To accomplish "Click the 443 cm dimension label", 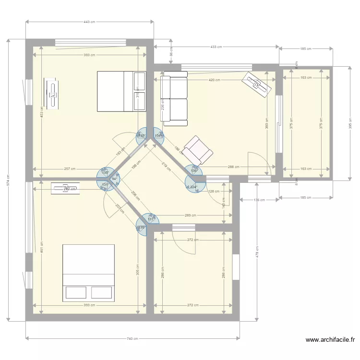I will pos(89,22).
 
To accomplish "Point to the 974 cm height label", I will pos(8,180).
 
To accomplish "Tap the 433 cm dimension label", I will pos(216,47).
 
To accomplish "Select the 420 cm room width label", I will pos(215,80).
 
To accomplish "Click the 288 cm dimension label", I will pos(234,167).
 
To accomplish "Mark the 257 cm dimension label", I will pos(70,169).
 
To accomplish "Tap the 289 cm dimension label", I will pos(190,216).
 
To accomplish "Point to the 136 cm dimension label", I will pos(259,200).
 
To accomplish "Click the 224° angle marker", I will pos(193,187).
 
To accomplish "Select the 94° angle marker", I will pos(114,179).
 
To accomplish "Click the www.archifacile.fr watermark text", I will pos(330,340).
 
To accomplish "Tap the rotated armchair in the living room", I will pos(198,150).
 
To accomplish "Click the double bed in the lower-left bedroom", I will pos(88,273).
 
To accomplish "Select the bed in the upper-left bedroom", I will pos(121,91).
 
